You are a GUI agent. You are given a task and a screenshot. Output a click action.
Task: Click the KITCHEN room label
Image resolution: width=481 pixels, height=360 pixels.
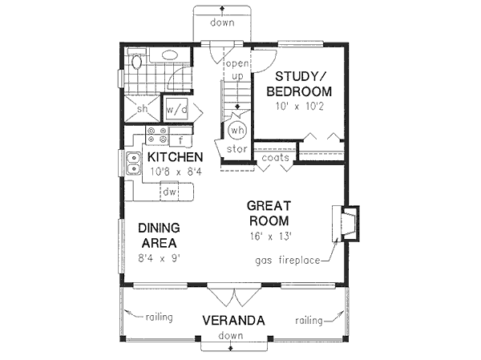click(174, 156)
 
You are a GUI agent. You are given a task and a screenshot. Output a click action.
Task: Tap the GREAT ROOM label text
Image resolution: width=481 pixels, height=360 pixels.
click(268, 212)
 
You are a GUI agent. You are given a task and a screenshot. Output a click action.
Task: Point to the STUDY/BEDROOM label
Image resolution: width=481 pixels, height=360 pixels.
click(302, 83)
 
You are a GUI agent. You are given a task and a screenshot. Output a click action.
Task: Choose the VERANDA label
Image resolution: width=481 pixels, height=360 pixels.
click(233, 320)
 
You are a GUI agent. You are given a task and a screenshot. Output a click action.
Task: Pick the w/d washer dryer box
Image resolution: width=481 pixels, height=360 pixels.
click(176, 109)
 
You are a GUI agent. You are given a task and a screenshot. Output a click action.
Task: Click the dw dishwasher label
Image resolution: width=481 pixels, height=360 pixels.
click(170, 192)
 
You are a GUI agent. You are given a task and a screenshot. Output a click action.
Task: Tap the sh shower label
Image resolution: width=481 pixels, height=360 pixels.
click(141, 109)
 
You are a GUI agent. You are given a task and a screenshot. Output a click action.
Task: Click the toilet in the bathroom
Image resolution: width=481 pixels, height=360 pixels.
click(136, 61)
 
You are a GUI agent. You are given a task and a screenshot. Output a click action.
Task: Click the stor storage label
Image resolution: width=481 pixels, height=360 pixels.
click(236, 149)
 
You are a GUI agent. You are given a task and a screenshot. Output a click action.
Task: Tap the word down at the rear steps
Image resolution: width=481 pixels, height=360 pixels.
click(222, 22)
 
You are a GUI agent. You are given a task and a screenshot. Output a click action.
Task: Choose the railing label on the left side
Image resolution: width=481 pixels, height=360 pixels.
click(159, 318)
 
